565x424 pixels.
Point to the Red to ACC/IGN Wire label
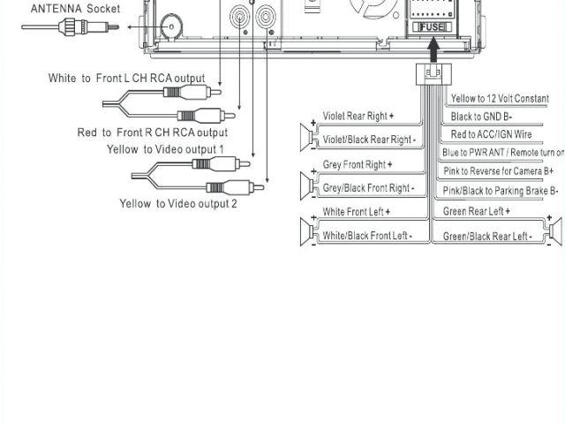pyautogui.click(x=491, y=134)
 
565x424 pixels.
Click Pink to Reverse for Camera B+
pyautogui.click(x=499, y=170)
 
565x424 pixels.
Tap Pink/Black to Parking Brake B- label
pyautogui.click(x=501, y=190)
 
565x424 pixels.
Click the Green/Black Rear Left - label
pyautogui.click(x=486, y=236)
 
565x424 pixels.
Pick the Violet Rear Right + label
pyautogui.click(x=358, y=116)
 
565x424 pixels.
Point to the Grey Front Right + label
pyautogui.click(x=358, y=165)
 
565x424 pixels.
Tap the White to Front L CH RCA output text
pyautogui.click(x=127, y=79)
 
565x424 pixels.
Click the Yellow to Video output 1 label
pyautogui.click(x=165, y=149)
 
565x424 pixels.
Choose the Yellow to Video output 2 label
pyautogui.click(x=178, y=204)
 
